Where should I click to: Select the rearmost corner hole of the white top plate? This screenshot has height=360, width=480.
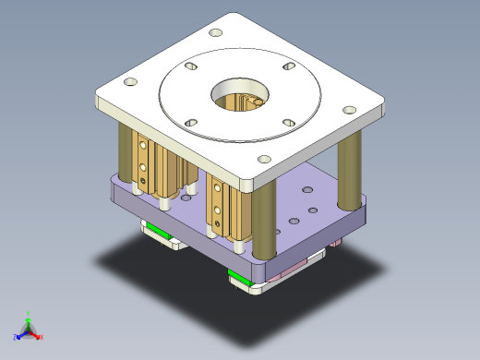click(x=216, y=33)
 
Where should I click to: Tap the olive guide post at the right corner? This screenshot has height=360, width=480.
click(x=350, y=175)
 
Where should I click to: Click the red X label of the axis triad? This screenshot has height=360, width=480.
click(x=42, y=337)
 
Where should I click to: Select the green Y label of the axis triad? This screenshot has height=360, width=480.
click(x=29, y=314)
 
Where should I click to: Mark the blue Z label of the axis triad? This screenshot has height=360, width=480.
click(x=16, y=337)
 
